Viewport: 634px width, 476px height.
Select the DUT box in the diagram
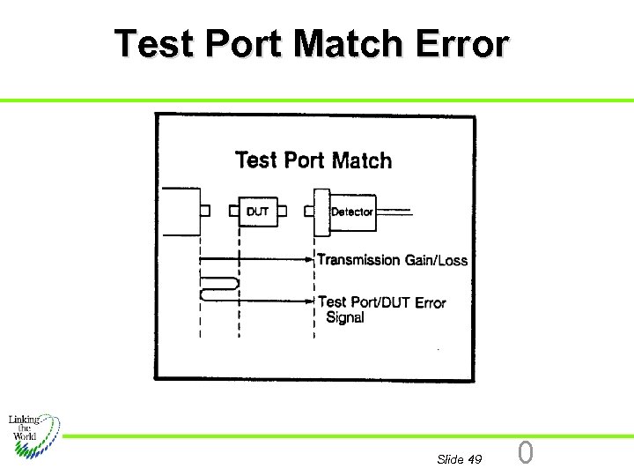[x=258, y=212]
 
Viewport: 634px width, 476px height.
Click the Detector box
[x=351, y=212]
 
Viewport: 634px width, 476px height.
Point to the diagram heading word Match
[x=362, y=160]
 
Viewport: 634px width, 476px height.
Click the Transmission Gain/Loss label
[x=392, y=260]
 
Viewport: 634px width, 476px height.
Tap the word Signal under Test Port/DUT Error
[x=345, y=318]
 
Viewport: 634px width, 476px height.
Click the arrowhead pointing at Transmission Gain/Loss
[x=311, y=260]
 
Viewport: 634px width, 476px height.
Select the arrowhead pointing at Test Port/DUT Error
[x=311, y=301]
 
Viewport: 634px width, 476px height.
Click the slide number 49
[x=475, y=459]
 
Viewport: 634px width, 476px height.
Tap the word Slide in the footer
[x=450, y=459]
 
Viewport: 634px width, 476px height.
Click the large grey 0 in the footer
[x=526, y=453]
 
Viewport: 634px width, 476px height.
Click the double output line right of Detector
[x=394, y=212]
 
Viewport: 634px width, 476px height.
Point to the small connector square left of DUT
[x=234, y=212]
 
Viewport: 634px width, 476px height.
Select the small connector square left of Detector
[x=309, y=212]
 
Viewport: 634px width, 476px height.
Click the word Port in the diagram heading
[x=305, y=160]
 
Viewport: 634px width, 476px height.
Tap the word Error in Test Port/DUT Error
[x=431, y=302]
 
